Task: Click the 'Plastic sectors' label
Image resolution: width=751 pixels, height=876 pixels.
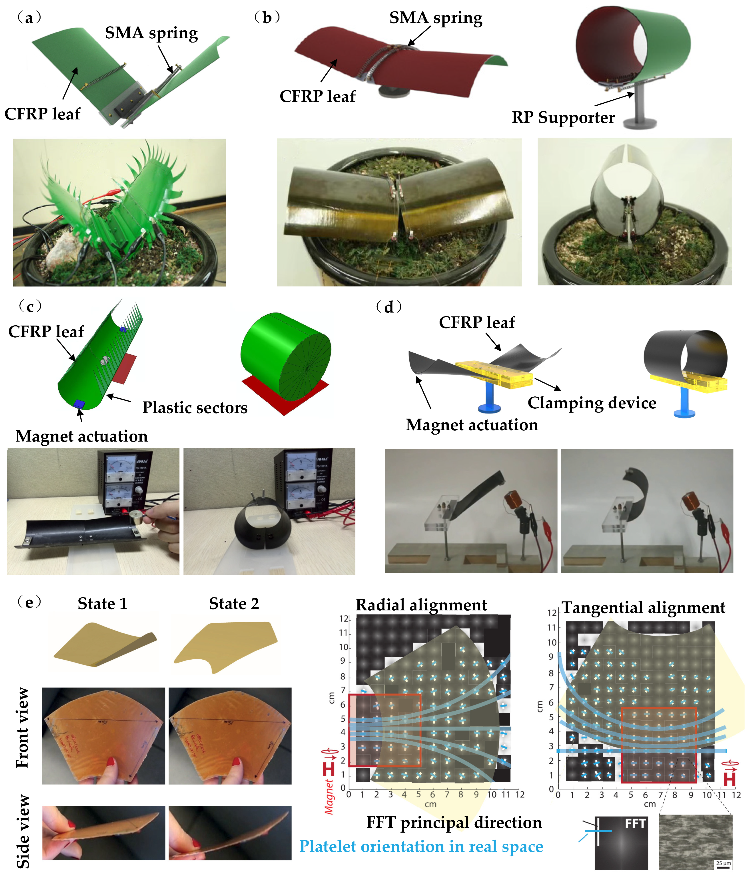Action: [195, 407]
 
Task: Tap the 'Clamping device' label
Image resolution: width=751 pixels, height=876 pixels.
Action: [592, 403]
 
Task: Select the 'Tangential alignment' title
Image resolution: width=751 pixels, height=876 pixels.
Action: [643, 607]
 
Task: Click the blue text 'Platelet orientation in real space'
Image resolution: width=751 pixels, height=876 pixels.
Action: [421, 846]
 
